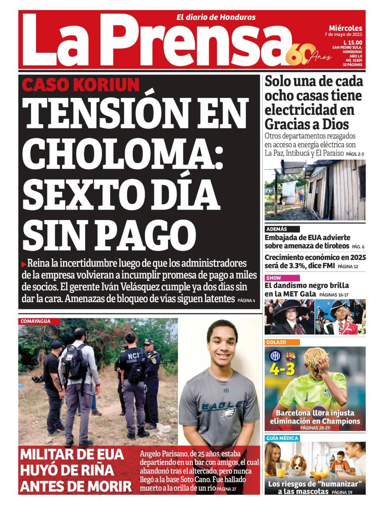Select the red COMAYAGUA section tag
[x=36, y=321]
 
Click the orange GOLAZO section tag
[x=276, y=342]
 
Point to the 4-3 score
[x=282, y=369]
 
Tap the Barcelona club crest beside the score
[x=290, y=356]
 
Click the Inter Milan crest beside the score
[x=275, y=356]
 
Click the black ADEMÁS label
[x=276, y=229]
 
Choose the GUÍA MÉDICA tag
[x=282, y=438]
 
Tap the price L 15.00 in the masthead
[x=352, y=43]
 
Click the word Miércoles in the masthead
[x=346, y=28]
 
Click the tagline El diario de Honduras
[x=216, y=17]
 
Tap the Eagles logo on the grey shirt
[x=228, y=412]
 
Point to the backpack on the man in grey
[x=74, y=362]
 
